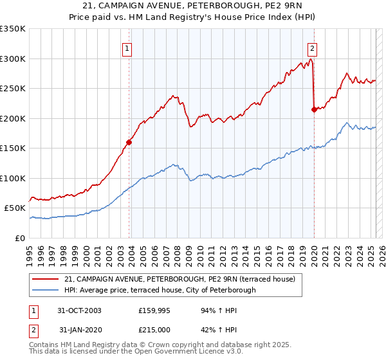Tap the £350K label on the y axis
click(13, 29)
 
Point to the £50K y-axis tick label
click(15, 208)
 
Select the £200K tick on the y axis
click(13, 118)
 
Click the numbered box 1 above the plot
click(127, 48)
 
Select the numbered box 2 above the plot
click(312, 48)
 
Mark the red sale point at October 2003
click(129, 143)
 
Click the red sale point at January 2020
click(314, 110)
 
